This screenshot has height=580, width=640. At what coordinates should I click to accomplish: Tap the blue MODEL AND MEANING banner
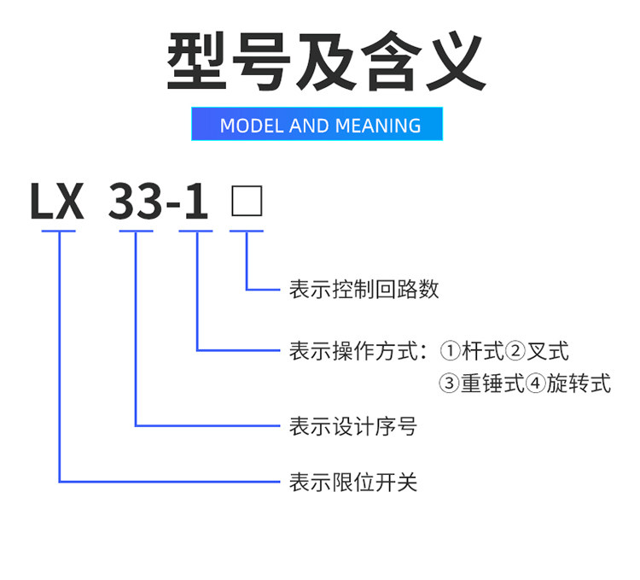click(x=319, y=126)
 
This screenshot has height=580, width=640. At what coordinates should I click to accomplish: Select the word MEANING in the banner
click(x=378, y=126)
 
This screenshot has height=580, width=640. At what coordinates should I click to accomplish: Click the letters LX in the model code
click(x=57, y=202)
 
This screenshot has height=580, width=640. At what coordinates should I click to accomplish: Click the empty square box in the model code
click(x=247, y=202)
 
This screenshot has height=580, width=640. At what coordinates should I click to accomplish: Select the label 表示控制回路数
click(x=364, y=289)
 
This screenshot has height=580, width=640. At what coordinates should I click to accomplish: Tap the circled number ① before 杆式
click(x=451, y=350)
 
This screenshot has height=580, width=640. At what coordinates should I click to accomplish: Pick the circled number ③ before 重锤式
click(x=450, y=383)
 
